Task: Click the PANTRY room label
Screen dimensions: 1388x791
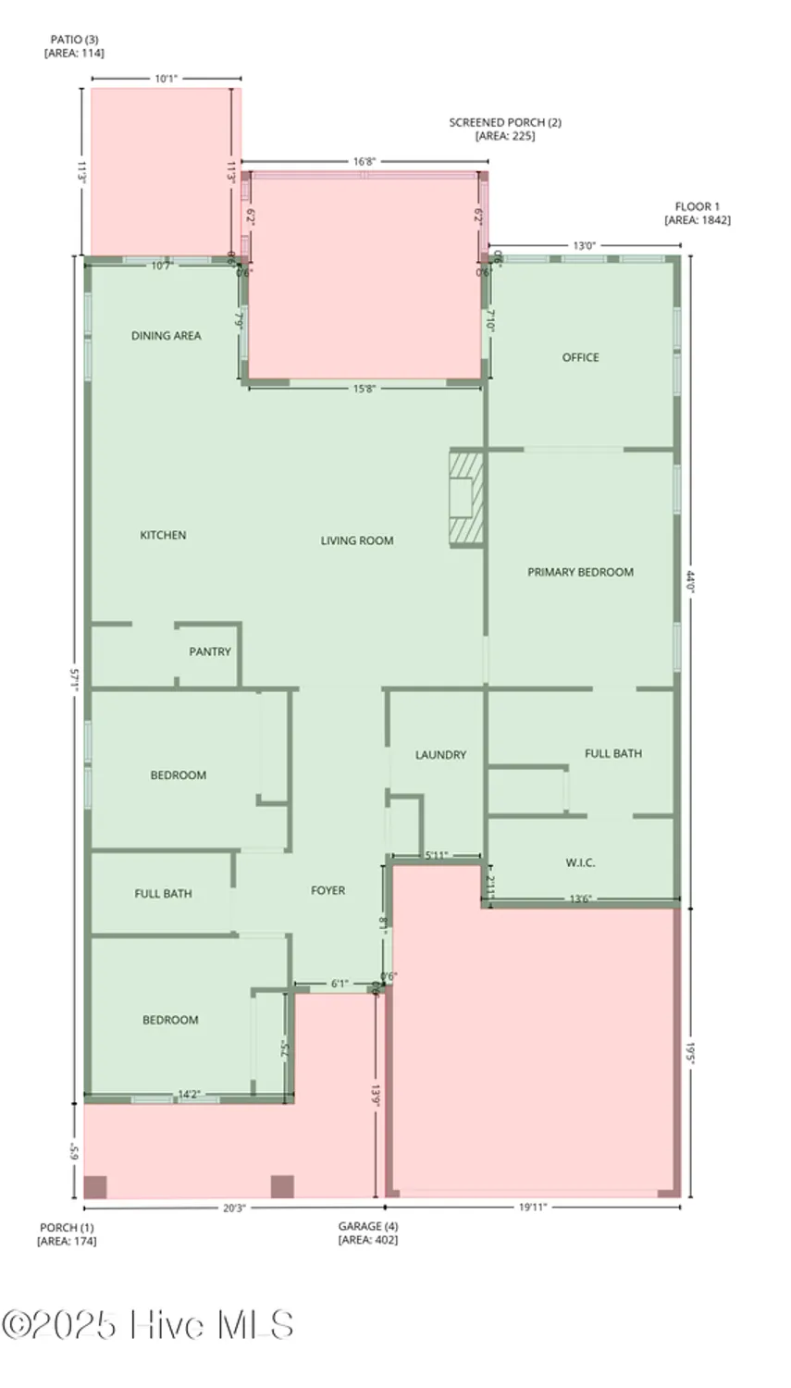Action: [210, 651]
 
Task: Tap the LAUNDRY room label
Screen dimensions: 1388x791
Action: [440, 755]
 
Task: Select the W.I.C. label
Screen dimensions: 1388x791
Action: [580, 862]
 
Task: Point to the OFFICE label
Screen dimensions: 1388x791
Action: [580, 357]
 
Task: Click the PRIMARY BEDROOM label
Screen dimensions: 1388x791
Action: [580, 572]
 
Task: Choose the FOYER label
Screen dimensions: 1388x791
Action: [328, 890]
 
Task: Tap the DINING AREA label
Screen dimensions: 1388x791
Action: [166, 336]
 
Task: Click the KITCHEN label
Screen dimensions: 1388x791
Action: [163, 535]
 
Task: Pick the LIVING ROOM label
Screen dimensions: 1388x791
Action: [357, 540]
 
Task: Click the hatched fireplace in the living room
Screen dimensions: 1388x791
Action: [466, 499]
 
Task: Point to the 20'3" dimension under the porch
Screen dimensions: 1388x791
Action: [233, 1207]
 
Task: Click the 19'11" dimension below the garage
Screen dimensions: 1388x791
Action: [532, 1207]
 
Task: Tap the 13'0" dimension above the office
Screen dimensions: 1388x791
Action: [584, 245]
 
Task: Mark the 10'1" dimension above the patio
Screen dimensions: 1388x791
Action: [166, 79]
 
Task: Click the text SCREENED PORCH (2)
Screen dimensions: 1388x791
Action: [505, 122]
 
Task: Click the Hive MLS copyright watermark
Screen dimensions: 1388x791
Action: [148, 1325]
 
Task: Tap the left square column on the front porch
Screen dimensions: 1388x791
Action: [95, 1187]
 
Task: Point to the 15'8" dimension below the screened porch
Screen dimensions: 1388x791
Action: [365, 389]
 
